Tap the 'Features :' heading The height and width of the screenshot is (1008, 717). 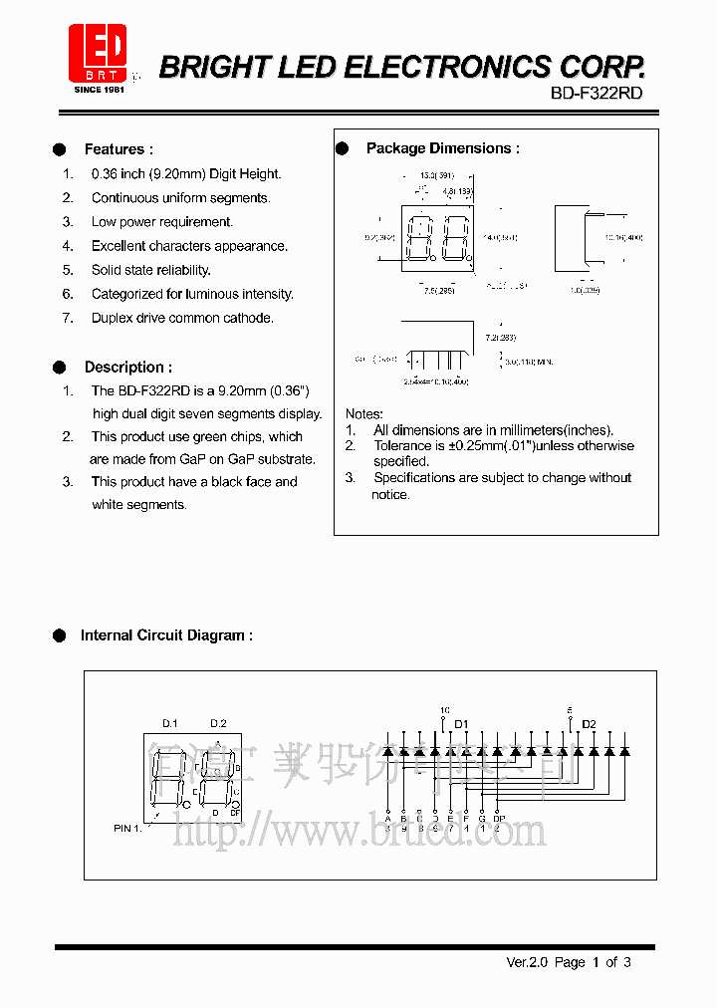pos(119,149)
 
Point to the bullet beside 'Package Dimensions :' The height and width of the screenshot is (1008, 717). pos(343,148)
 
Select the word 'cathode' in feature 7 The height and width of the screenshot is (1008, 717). pos(248,318)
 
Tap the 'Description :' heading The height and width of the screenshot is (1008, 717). pos(127,367)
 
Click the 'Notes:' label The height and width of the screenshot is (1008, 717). pos(363,413)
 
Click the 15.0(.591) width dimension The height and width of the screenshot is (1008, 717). pos(429,175)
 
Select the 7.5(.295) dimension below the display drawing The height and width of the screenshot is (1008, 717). pos(438,292)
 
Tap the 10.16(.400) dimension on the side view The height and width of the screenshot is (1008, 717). pos(623,238)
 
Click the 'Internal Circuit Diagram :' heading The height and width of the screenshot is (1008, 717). pos(166,634)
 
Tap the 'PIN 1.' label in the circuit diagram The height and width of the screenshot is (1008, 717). pos(127,828)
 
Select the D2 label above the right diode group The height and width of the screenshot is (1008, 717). pos(589,723)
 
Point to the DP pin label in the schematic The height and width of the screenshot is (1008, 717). pos(499,819)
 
